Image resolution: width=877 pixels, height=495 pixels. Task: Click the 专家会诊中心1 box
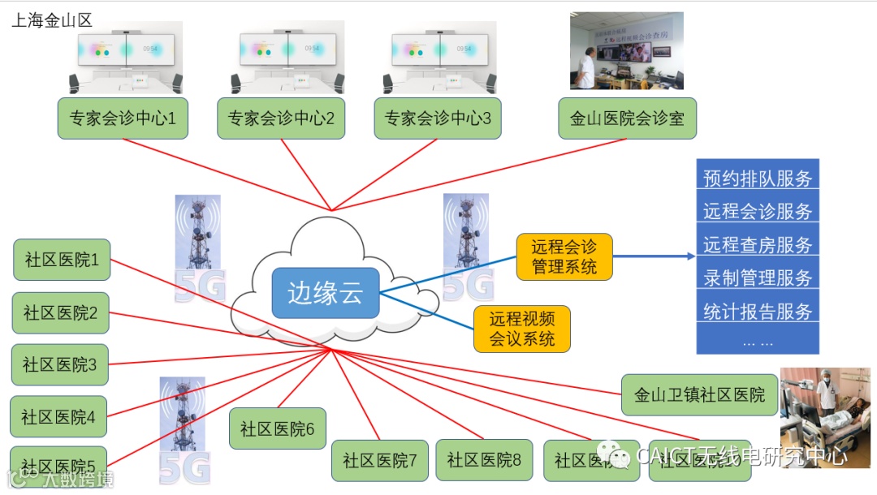(x=123, y=118)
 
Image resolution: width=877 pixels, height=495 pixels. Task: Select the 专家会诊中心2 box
(x=282, y=118)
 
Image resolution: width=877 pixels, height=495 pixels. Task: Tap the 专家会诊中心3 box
(x=438, y=118)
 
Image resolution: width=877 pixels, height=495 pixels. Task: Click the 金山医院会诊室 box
(x=627, y=118)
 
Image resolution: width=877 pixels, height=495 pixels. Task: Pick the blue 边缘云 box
(x=326, y=293)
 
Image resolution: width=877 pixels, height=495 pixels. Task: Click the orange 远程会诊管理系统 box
(x=564, y=256)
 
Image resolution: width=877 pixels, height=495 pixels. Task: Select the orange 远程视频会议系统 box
(x=522, y=329)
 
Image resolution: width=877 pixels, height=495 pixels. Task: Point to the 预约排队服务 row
(x=758, y=178)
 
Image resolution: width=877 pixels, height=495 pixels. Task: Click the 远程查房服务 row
(x=758, y=244)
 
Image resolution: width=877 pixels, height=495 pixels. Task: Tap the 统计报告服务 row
(x=758, y=311)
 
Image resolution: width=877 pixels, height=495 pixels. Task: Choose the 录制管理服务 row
(x=758, y=278)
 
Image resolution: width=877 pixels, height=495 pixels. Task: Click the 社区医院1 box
(x=62, y=260)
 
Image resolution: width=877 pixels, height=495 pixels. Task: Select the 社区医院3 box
(x=60, y=365)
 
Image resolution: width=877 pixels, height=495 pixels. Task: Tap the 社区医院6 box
(x=277, y=428)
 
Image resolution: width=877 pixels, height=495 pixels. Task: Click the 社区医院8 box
(x=484, y=460)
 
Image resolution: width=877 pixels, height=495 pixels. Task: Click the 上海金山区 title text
(x=52, y=20)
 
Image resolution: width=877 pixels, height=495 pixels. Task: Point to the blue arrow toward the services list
(x=654, y=256)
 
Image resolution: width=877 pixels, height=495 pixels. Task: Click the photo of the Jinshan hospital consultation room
(x=626, y=50)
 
